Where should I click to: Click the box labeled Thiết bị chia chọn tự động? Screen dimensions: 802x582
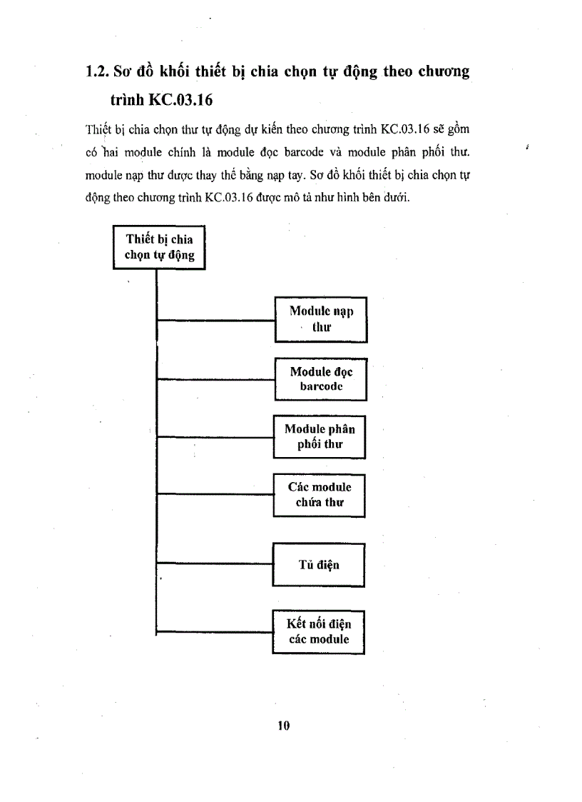(159, 247)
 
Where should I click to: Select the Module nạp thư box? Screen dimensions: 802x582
(321, 319)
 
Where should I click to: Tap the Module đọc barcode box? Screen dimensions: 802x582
(321, 379)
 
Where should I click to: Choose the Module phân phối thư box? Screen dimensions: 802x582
(320, 436)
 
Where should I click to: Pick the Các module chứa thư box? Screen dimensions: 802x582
(320, 495)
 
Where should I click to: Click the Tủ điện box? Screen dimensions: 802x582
(319, 565)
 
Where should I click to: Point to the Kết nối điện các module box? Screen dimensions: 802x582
(319, 632)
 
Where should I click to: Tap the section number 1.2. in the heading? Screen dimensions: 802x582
(97, 72)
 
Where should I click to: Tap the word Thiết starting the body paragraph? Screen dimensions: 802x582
(95, 129)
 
